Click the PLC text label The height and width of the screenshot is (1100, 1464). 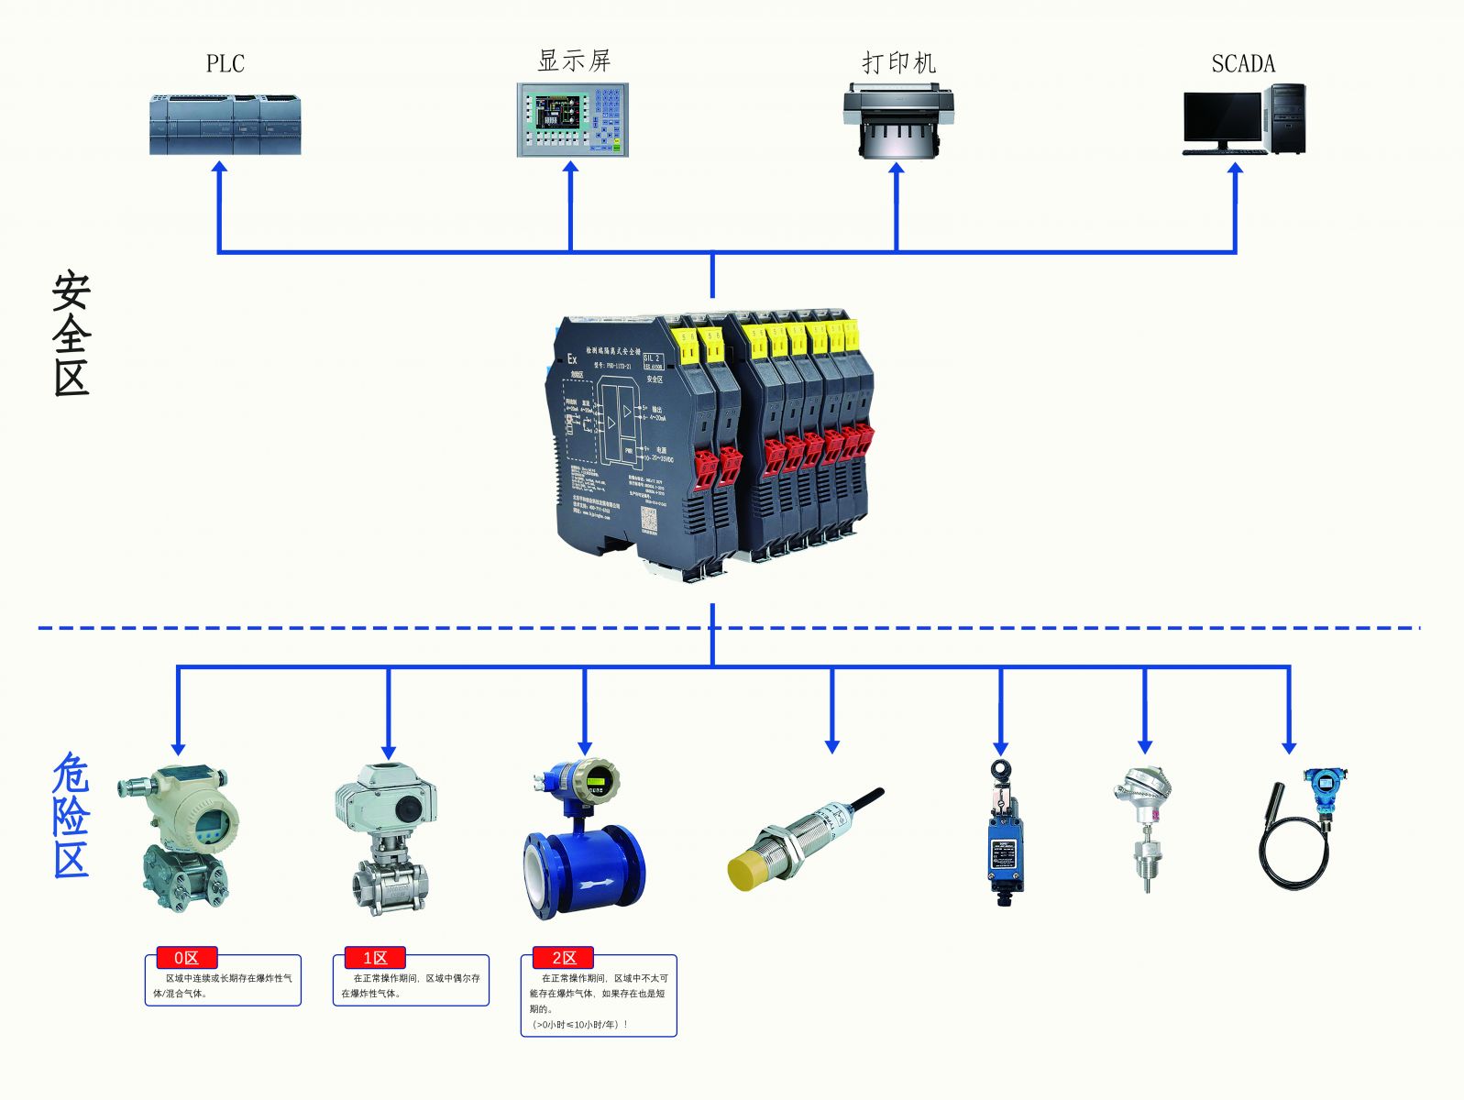pyautogui.click(x=226, y=63)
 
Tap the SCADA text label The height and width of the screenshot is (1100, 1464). pyautogui.click(x=1243, y=63)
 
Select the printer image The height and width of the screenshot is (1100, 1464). pyautogui.click(x=897, y=121)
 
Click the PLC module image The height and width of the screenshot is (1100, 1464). pyautogui.click(x=226, y=125)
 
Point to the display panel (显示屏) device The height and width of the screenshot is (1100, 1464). pyautogui.click(x=572, y=120)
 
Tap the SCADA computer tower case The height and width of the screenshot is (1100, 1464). pyautogui.click(x=1287, y=118)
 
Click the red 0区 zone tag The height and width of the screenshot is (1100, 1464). pyautogui.click(x=186, y=958)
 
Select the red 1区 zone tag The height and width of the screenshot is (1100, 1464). pyautogui.click(x=375, y=958)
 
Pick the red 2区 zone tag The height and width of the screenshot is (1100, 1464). pyautogui.click(x=563, y=958)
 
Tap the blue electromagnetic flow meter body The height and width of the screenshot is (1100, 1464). pyautogui.click(x=584, y=870)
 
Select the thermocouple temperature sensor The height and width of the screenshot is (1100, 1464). pyautogui.click(x=1142, y=825)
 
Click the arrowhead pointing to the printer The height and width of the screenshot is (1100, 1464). pyautogui.click(x=897, y=170)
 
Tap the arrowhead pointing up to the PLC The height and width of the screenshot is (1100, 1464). pyautogui.click(x=219, y=169)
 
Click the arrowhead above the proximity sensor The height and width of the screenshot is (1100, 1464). pyautogui.click(x=831, y=746)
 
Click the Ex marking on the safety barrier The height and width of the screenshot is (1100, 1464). pyautogui.click(x=572, y=358)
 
